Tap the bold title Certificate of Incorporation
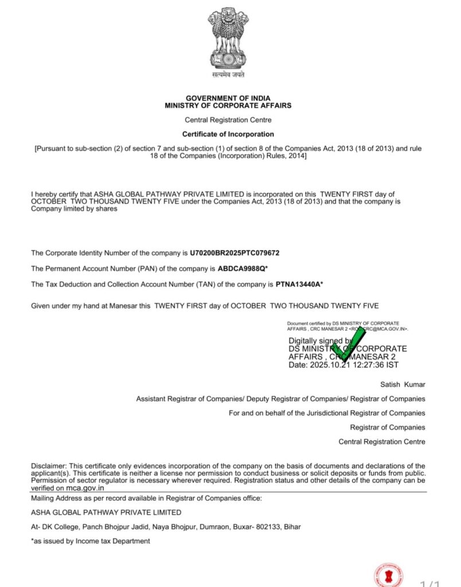click(228, 134)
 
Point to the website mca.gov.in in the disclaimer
click(85, 488)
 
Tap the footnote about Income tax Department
click(91, 541)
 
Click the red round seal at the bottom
click(389, 574)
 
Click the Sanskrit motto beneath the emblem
click(228, 75)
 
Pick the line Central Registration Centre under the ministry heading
click(228, 120)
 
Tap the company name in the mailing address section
click(106, 512)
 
